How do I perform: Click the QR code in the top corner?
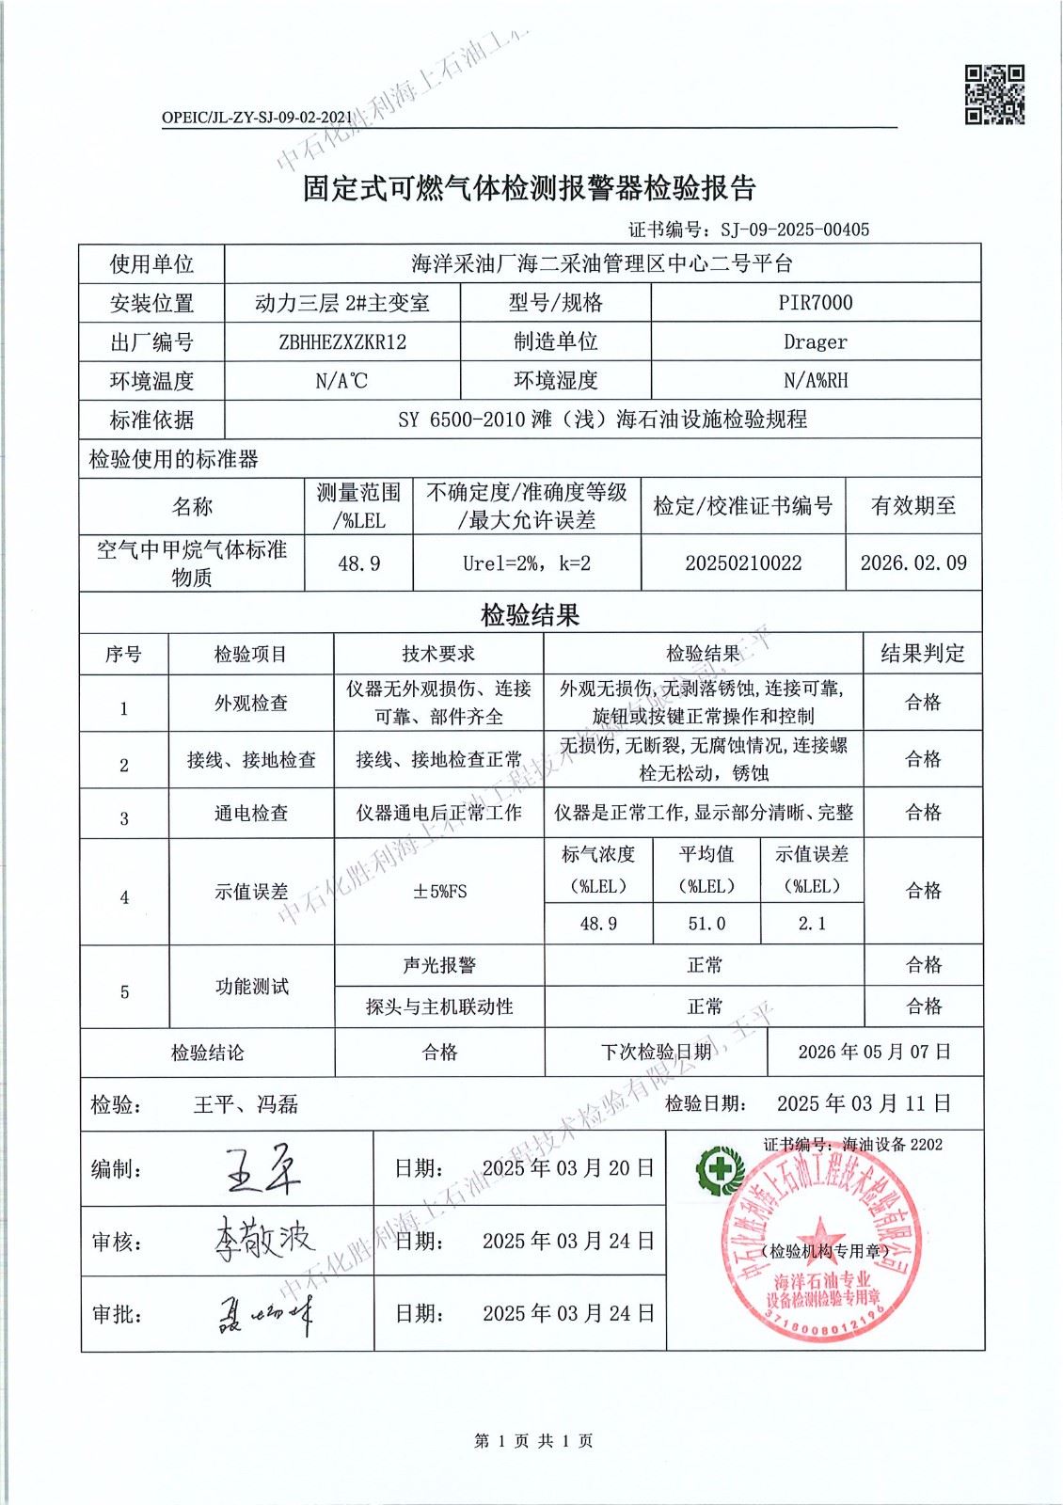coord(994,94)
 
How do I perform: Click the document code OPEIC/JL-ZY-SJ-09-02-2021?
coord(257,118)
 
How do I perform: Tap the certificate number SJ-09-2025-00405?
coord(795,230)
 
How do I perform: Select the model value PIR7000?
coord(816,303)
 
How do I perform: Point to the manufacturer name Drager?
coord(816,342)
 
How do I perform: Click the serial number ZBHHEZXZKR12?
coord(342,342)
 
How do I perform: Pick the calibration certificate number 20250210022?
coord(743,563)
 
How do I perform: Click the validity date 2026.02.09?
coord(913,562)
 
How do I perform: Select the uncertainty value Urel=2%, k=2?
coord(527,563)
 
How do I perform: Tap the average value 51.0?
coord(706,924)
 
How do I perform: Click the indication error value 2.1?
coord(812,924)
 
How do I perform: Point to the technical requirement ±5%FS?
coord(439,891)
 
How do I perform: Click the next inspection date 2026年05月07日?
coord(875,1052)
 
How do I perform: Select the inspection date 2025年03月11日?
coord(864,1103)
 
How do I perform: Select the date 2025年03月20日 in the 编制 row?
coord(567,1168)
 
